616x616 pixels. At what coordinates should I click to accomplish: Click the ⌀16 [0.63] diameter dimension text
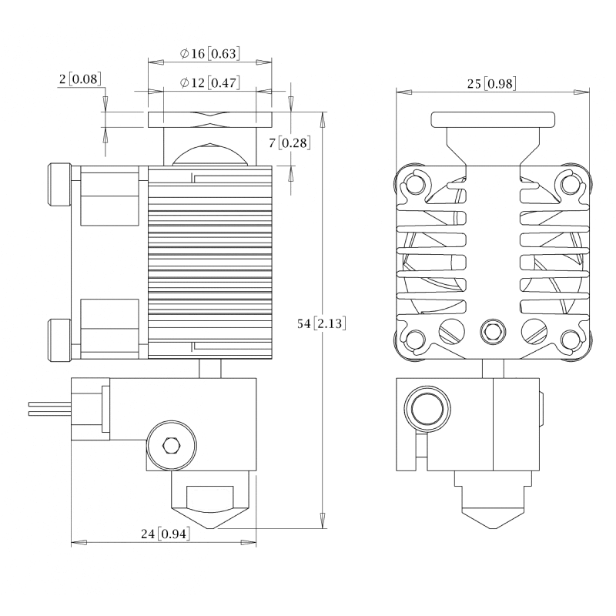tap(209, 54)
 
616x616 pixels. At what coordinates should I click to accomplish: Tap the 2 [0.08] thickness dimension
tap(80, 79)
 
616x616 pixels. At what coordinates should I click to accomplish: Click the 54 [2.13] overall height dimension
tap(321, 324)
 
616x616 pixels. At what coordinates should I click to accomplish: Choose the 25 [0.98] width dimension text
tap(491, 83)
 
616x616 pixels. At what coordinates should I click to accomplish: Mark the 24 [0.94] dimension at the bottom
tap(166, 533)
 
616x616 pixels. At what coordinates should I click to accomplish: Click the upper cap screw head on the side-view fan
tap(59, 185)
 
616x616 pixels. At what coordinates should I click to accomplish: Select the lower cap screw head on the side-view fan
tap(59, 340)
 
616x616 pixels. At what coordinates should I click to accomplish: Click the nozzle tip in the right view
tap(493, 526)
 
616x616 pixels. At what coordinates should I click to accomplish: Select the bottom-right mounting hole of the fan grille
tap(570, 339)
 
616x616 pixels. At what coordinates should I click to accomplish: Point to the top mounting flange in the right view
tap(493, 119)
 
